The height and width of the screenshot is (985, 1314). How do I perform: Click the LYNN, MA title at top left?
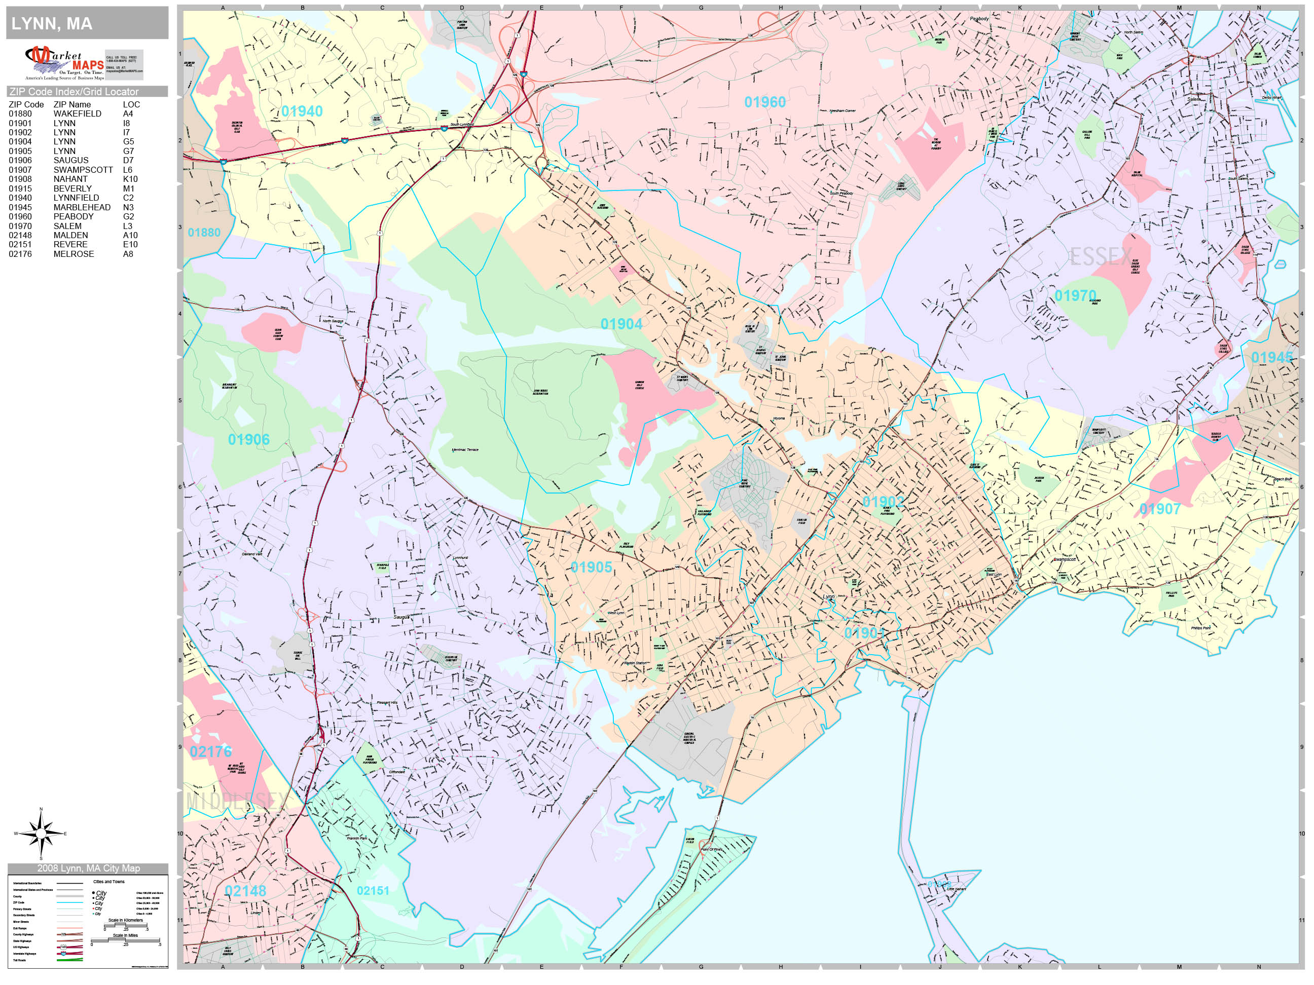coord(52,24)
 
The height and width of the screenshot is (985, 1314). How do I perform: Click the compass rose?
coord(41,834)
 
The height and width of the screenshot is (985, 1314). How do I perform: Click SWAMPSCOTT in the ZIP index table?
coord(83,170)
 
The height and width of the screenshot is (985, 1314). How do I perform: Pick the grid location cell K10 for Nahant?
coord(130,179)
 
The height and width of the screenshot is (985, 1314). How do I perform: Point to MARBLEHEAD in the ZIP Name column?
coord(82,207)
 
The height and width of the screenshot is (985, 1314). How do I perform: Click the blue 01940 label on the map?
coord(302,111)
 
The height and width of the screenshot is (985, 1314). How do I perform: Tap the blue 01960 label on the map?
coord(764,102)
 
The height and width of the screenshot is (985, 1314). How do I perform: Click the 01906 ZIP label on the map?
coord(249,439)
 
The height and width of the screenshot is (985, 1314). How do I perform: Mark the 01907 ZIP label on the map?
coord(1159,509)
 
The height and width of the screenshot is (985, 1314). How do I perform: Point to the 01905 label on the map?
coord(591,567)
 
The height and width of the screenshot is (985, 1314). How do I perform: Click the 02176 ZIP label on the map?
coord(211,751)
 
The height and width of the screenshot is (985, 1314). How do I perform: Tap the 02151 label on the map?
coord(373,891)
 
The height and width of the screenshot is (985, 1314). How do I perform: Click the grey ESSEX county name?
coord(1101,257)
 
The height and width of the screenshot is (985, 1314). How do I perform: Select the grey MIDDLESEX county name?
coord(236,802)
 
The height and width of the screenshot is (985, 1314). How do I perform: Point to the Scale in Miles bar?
coord(125,940)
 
